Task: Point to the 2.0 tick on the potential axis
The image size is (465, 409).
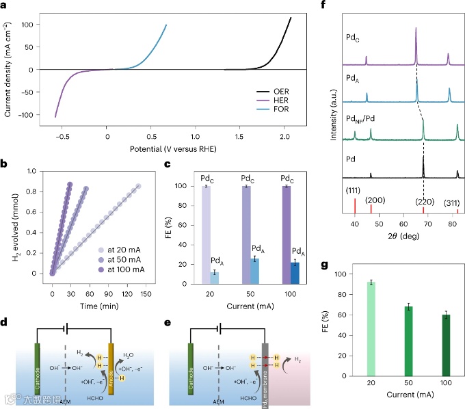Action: pyautogui.click(x=282, y=134)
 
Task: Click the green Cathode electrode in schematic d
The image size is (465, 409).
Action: pyautogui.click(x=39, y=369)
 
